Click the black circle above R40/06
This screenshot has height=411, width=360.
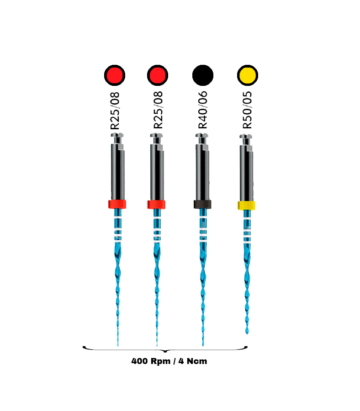point(203,75)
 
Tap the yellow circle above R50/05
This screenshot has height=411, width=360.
point(248,75)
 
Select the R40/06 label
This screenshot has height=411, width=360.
point(203,110)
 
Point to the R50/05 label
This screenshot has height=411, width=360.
point(247,110)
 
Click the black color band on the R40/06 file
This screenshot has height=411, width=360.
point(202,204)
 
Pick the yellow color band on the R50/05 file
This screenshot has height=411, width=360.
point(246,205)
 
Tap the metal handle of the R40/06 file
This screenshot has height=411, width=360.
point(203,172)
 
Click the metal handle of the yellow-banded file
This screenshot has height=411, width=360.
point(246,173)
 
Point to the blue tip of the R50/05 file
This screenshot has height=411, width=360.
point(247,333)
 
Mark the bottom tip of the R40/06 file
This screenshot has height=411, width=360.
point(203,345)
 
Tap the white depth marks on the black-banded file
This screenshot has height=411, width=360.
point(203,228)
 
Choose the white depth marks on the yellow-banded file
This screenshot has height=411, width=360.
point(247,229)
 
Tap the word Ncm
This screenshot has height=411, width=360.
point(197,361)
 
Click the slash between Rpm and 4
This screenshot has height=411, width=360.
point(175,361)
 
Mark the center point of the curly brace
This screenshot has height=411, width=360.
point(165,351)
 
